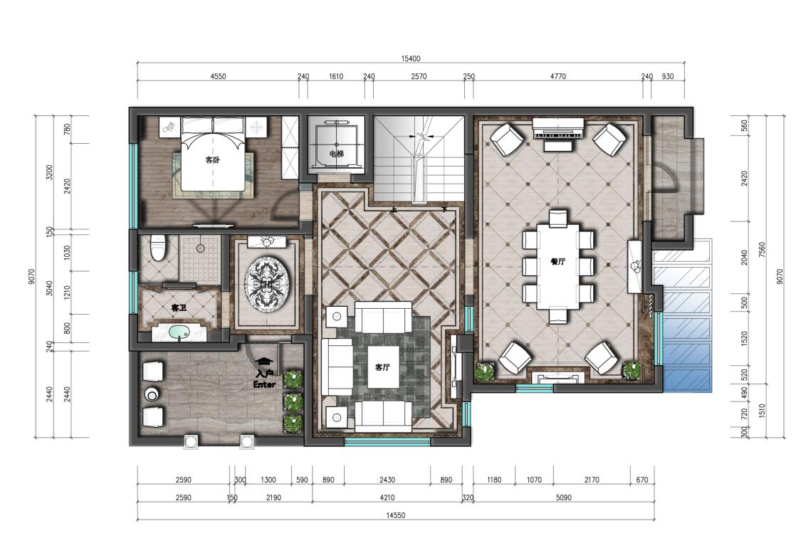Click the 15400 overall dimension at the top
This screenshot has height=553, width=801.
point(411,59)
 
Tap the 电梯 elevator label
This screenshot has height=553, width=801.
point(337,153)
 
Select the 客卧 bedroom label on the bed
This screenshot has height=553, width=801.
point(212,160)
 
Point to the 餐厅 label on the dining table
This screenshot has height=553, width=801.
point(557,261)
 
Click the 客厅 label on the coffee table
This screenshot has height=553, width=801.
point(382,367)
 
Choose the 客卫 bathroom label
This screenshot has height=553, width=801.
point(179,308)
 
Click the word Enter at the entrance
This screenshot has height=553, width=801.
point(265,384)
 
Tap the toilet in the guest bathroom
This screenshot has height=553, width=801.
point(158,247)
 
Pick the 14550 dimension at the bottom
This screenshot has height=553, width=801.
point(395,515)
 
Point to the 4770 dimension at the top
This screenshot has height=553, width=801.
point(557,77)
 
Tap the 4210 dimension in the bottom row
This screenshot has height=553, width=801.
point(387,497)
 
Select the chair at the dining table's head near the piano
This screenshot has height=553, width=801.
point(557,218)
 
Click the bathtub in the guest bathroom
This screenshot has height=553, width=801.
point(179,332)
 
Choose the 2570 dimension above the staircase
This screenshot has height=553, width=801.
point(419,77)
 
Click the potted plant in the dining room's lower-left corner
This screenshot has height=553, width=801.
point(484,372)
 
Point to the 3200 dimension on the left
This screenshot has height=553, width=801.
point(50,172)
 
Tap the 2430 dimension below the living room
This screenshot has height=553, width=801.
point(387,480)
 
